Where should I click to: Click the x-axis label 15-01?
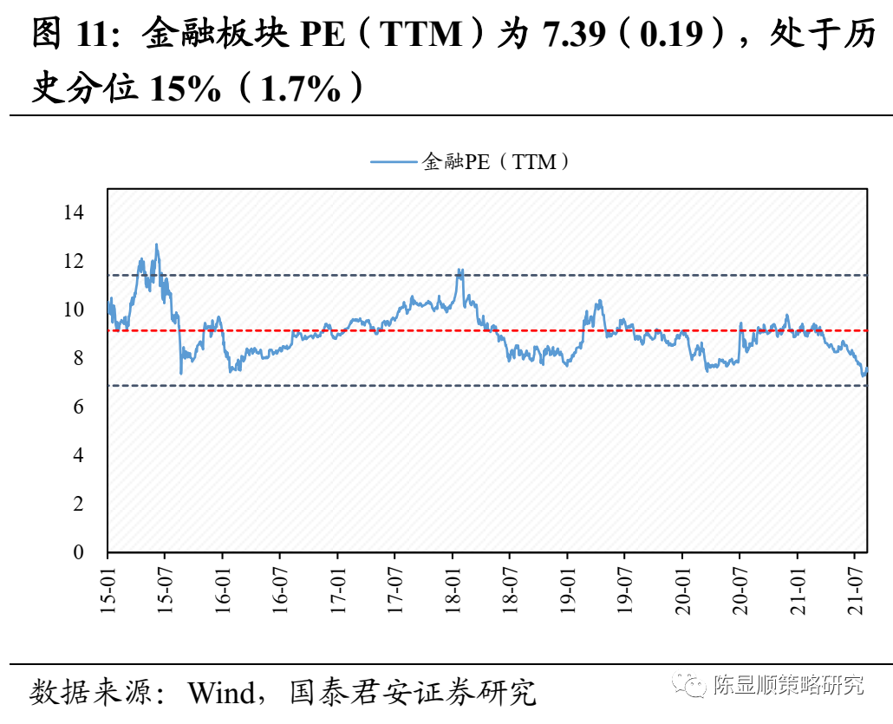108,591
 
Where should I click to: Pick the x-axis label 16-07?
280,591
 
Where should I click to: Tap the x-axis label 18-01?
453,591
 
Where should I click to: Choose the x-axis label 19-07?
624,591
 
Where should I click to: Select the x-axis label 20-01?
682,591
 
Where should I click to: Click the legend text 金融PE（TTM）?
497,161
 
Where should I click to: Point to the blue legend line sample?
394,161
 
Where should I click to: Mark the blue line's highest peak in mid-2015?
157,245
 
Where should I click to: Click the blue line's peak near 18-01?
460,270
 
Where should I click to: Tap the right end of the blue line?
866,369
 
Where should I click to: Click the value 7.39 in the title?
572,36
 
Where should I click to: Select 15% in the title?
186,88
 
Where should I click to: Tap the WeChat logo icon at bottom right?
693,686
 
